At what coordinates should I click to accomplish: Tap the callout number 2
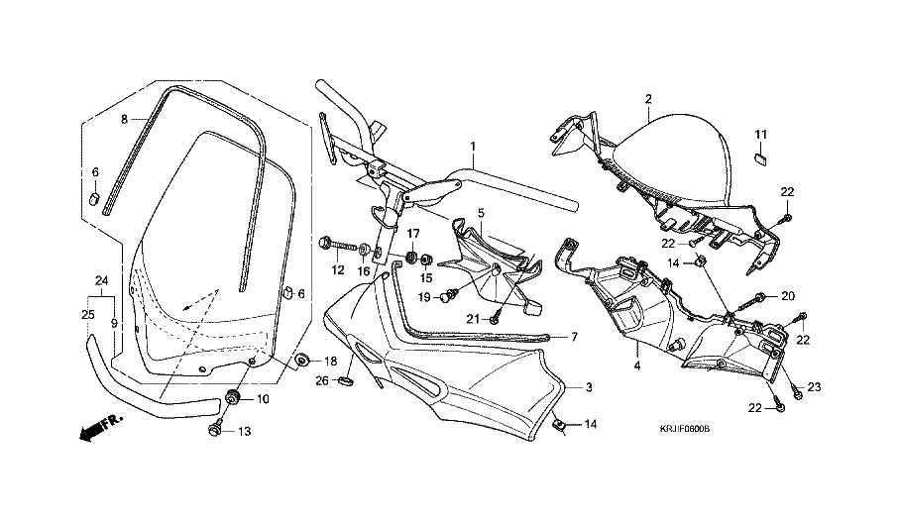[x=647, y=99]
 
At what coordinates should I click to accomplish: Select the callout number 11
[x=762, y=134]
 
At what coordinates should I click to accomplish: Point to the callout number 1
[x=473, y=146]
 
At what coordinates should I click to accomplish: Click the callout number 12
[x=338, y=269]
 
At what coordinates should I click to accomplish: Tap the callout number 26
[x=321, y=379]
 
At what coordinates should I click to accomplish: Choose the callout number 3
[x=588, y=387]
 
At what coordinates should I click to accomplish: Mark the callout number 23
[x=816, y=386]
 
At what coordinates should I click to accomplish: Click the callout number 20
[x=789, y=295]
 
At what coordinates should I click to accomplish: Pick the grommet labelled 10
[x=234, y=396]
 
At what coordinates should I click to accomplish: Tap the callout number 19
[x=423, y=296]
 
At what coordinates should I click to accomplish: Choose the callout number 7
[x=573, y=337]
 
